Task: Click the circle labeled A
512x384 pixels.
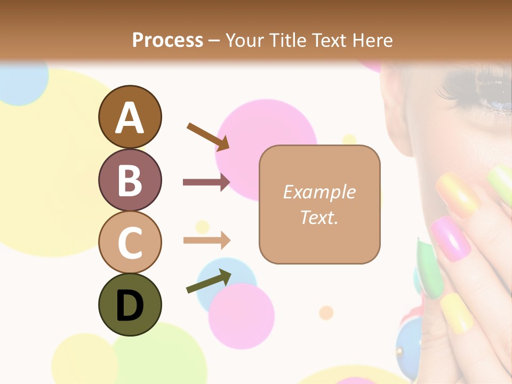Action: (x=130, y=117)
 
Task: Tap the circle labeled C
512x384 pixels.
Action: (x=130, y=242)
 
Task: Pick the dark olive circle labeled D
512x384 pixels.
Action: (x=130, y=305)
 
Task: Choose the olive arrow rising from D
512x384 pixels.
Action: (x=209, y=281)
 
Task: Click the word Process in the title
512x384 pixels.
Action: (x=167, y=40)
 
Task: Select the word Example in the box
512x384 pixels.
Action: (x=319, y=192)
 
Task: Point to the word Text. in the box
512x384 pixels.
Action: (x=319, y=217)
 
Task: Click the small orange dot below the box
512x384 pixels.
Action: (x=326, y=313)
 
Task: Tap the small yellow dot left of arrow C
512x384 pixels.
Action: (x=202, y=227)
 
